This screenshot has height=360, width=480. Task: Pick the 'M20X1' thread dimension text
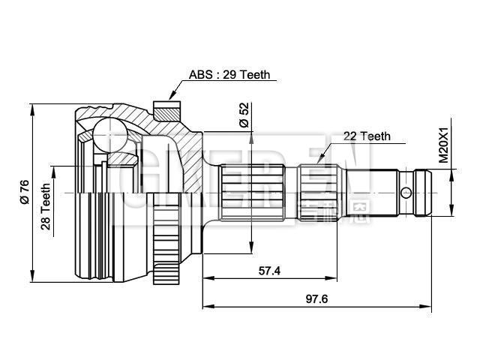point(443,145)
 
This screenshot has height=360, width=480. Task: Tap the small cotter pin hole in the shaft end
point(406,192)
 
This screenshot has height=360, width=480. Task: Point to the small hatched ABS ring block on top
point(166,109)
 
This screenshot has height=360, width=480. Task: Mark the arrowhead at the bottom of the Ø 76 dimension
point(32,274)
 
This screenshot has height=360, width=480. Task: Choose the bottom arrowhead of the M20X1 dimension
point(452,213)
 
